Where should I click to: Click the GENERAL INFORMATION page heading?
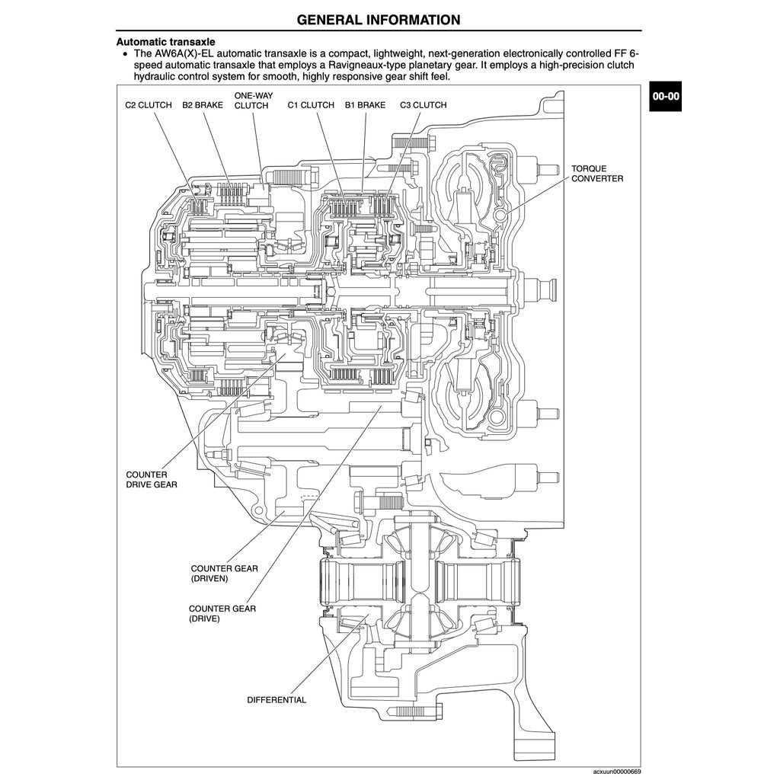pyautogui.click(x=378, y=20)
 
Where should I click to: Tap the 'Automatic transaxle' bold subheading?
pyautogui.click(x=165, y=42)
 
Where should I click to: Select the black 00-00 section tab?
pyautogui.click(x=664, y=96)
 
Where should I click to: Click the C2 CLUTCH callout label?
pyautogui.click(x=149, y=105)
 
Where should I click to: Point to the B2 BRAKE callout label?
pyautogui.click(x=203, y=105)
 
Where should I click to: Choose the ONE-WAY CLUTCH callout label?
pyautogui.click(x=251, y=101)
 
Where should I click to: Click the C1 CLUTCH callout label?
pyautogui.click(x=311, y=105)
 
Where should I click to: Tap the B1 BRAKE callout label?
pyautogui.click(x=365, y=105)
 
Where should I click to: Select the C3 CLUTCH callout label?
pyautogui.click(x=423, y=105)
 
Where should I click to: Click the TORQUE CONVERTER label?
pyautogui.click(x=597, y=173)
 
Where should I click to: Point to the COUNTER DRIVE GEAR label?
pyautogui.click(x=152, y=480)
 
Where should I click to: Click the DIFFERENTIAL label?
pyautogui.click(x=277, y=700)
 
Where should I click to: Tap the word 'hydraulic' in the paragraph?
pyautogui.click(x=158, y=77)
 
